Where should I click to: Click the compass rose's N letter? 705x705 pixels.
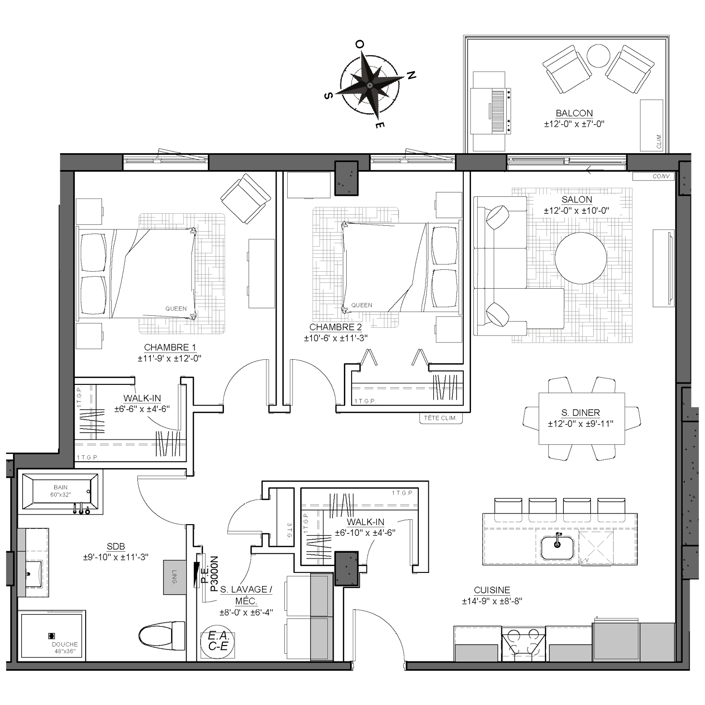coord(411,75)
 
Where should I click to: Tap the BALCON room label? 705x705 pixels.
coord(574,114)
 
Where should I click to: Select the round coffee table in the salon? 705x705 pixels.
coord(581,258)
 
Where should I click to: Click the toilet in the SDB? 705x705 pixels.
coord(162,635)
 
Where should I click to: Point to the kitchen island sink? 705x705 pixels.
coord(557,548)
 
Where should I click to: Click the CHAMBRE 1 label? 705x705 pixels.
coord(170,347)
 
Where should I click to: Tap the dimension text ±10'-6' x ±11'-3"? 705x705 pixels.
coord(336,338)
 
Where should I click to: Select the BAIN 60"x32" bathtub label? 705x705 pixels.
coord(60,491)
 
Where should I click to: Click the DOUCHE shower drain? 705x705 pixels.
coord(52,636)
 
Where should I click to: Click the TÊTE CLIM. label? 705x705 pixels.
coord(441,418)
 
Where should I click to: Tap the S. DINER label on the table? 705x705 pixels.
coord(581,412)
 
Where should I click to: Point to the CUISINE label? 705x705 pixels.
coord(492,590)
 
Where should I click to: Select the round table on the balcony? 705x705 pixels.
coord(599,56)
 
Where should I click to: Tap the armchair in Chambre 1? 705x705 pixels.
coord(246,199)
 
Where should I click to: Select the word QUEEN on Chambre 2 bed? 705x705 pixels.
coord(362,305)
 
